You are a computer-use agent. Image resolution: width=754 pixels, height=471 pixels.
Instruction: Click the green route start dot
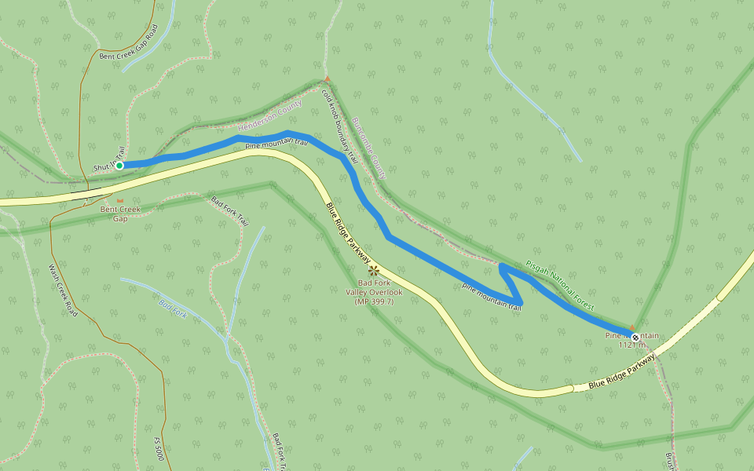119,165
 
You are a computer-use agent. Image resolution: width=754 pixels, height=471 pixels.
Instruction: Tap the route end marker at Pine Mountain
635,337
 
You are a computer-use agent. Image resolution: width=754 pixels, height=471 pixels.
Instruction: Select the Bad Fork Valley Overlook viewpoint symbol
374,270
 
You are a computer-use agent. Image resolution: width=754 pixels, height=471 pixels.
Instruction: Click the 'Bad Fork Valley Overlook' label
374,287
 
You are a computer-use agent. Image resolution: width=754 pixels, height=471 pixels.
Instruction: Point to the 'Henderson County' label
269,115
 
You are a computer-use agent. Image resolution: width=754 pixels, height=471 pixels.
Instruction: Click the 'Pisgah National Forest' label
560,283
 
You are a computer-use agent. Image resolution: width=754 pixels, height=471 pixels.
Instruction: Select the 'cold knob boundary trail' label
339,126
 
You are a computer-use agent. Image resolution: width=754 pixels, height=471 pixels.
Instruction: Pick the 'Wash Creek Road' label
63,290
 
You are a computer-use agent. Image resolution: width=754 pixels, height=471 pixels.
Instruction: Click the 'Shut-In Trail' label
109,160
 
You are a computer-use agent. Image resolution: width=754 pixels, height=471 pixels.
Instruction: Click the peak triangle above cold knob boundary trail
327,79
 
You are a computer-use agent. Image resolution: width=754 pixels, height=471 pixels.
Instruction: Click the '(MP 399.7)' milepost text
374,301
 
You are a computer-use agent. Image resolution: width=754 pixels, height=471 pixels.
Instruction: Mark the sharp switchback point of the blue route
521,304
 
